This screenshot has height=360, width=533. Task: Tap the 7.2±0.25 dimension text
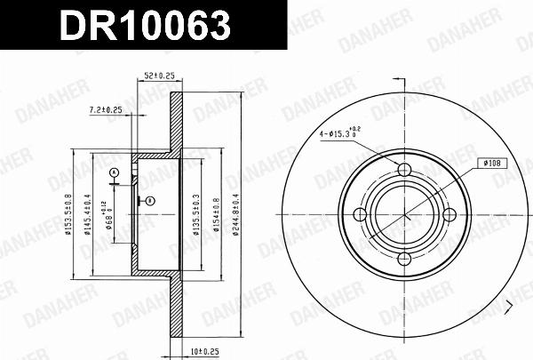pyautogui.click(x=106, y=111)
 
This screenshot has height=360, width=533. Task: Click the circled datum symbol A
pyautogui.click(x=114, y=172)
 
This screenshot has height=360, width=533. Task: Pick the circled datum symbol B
pyautogui.click(x=150, y=200)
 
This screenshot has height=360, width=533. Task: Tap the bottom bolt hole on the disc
pyautogui.click(x=404, y=258)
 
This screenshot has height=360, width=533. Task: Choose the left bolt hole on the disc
pyautogui.click(x=361, y=213)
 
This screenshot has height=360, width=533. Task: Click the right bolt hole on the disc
pyautogui.click(x=448, y=213)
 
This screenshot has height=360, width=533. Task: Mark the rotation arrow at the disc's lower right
pyautogui.click(x=508, y=308)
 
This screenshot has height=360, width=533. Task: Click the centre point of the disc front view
pyautogui.click(x=404, y=213)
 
